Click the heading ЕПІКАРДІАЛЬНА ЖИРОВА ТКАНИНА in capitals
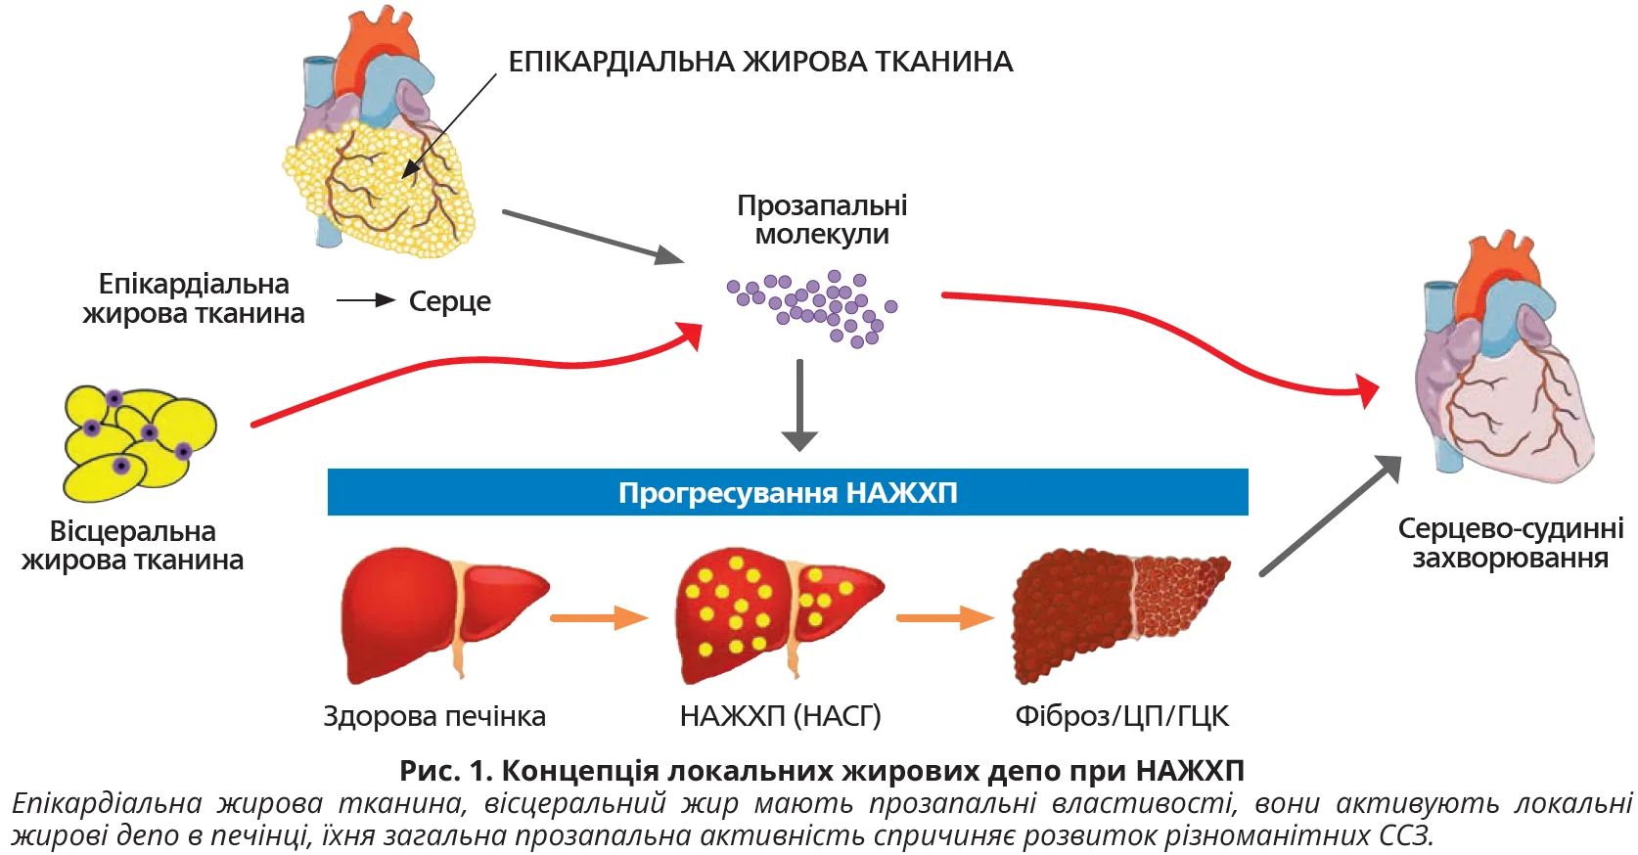760,62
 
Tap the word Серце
449,301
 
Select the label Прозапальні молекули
822,220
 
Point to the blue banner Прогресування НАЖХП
788,492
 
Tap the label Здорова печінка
434,716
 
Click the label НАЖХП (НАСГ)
780,716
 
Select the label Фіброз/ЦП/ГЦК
1121,716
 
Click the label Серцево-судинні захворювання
1510,543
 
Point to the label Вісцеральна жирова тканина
133,546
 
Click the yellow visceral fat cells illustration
137,440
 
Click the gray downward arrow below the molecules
799,405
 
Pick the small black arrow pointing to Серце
366,300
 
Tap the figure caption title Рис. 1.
821,771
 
